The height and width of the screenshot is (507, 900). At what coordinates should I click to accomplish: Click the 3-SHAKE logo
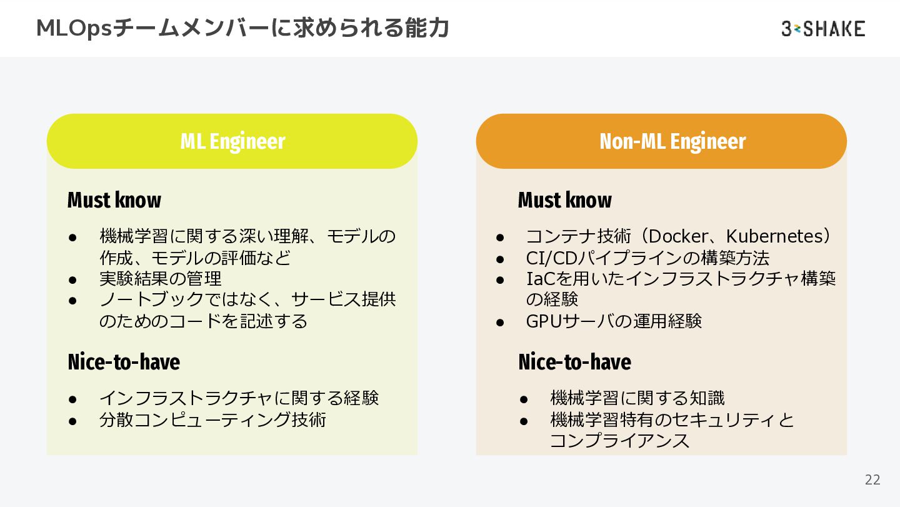pyautogui.click(x=822, y=28)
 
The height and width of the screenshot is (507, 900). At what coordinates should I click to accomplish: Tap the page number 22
pyautogui.click(x=872, y=479)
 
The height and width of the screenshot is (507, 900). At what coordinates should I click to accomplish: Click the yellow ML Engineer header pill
pyautogui.click(x=232, y=141)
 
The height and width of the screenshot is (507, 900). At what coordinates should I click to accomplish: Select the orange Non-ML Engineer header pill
pyautogui.click(x=661, y=141)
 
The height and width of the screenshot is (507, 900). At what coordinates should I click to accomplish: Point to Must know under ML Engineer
pyautogui.click(x=114, y=200)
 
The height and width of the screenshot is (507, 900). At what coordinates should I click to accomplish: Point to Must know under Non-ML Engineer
pyautogui.click(x=564, y=200)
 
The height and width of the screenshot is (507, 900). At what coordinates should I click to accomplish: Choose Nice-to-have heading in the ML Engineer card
pyautogui.click(x=124, y=362)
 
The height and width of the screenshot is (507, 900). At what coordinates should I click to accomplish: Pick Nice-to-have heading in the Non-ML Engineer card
pyautogui.click(x=574, y=362)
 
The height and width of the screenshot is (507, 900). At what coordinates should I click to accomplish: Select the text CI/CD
pyautogui.click(x=550, y=258)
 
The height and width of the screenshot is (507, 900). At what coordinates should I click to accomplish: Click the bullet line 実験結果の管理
pyautogui.click(x=161, y=278)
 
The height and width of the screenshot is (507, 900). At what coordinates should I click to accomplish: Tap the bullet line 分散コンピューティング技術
pyautogui.click(x=212, y=419)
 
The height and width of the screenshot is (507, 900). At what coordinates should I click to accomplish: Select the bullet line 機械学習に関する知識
pyautogui.click(x=637, y=398)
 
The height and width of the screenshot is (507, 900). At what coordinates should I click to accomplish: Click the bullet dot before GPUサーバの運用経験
pyautogui.click(x=500, y=321)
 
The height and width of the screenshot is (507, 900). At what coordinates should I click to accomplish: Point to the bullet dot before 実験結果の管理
pyautogui.click(x=72, y=279)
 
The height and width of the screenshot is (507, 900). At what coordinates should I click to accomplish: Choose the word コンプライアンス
pyautogui.click(x=619, y=440)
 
